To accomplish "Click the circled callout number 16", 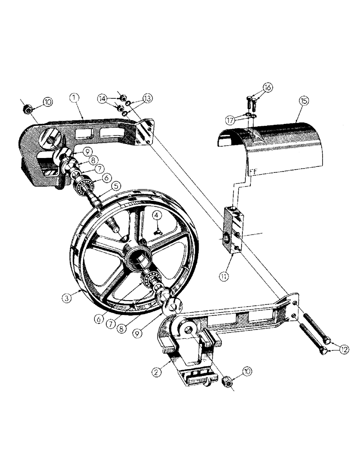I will tap(268, 87).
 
